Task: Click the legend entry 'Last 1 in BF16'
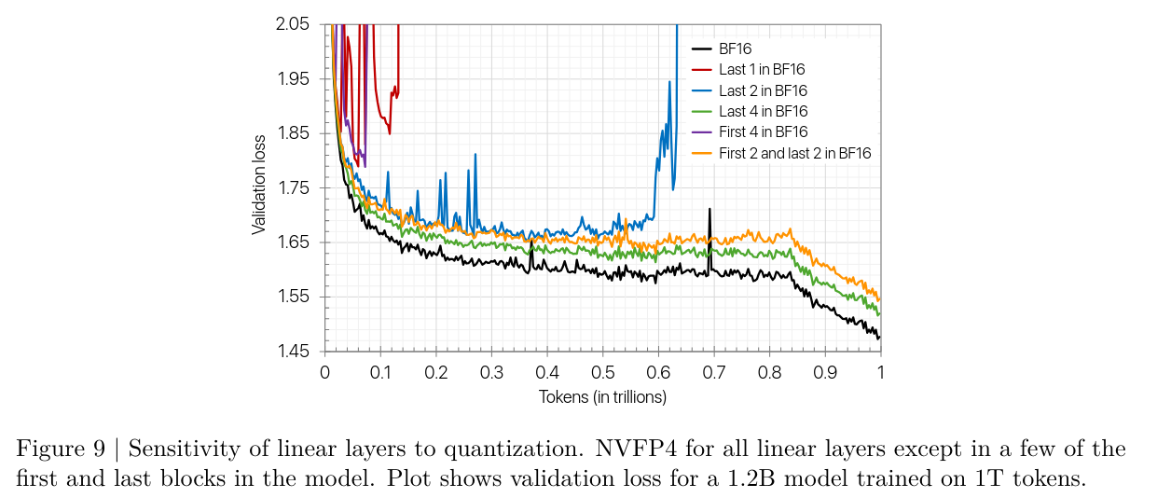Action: click(762, 69)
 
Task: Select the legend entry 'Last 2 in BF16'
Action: click(763, 90)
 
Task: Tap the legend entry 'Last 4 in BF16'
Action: click(763, 111)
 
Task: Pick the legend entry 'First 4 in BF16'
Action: click(764, 131)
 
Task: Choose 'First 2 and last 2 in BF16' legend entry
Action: click(794, 152)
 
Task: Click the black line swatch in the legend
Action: click(702, 48)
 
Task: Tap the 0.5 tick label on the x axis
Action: click(602, 372)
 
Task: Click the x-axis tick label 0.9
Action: click(825, 372)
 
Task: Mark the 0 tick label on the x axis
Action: click(324, 372)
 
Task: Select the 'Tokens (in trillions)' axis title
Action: click(602, 396)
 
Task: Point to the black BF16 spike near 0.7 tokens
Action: click(709, 211)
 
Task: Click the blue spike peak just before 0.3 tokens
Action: click(475, 156)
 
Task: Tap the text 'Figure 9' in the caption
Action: click(57, 450)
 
